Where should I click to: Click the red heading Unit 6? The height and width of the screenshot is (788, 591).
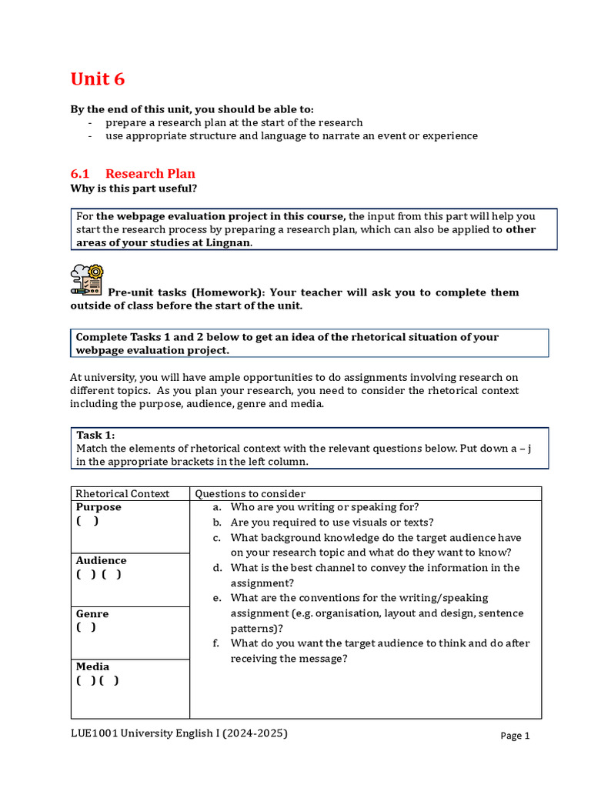click(97, 79)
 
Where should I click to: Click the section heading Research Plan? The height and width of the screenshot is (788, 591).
click(150, 173)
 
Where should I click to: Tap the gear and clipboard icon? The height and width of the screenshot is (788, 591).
click(86, 281)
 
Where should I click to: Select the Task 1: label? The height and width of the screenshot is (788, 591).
click(95, 436)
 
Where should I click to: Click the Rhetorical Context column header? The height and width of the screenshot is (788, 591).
click(122, 493)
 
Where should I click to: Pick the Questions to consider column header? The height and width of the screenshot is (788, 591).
click(250, 493)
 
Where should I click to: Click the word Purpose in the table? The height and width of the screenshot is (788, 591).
click(98, 507)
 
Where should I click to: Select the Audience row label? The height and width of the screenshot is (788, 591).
click(101, 560)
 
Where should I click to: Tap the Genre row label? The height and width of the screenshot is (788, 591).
click(92, 614)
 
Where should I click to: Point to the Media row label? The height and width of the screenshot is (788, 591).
click(92, 666)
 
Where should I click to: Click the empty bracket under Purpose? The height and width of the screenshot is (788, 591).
click(87, 521)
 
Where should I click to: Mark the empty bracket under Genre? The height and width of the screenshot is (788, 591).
click(86, 627)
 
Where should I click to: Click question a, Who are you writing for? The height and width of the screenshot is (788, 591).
click(324, 507)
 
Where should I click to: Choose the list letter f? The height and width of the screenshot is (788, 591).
click(217, 643)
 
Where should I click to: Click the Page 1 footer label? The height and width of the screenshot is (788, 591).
click(515, 736)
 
